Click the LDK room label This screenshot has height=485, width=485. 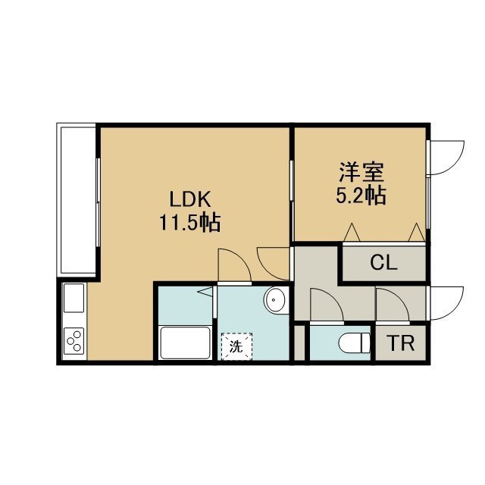pyautogui.click(x=190, y=199)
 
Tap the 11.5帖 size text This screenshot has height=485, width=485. pyautogui.click(x=190, y=223)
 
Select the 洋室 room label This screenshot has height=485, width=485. pyautogui.click(x=361, y=172)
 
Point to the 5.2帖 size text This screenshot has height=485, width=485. pyautogui.click(x=361, y=196)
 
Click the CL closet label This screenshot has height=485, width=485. pyautogui.click(x=383, y=263)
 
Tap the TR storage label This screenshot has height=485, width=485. pyautogui.click(x=400, y=343)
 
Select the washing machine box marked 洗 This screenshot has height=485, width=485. pyautogui.click(x=236, y=346)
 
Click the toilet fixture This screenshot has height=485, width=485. pyautogui.click(x=355, y=343)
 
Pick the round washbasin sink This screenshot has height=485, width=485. pyautogui.click(x=274, y=300)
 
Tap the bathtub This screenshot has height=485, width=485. pyautogui.click(x=185, y=343)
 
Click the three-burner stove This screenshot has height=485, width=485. pyautogui.click(x=74, y=340)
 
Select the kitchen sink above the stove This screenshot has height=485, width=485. pyautogui.click(x=74, y=298)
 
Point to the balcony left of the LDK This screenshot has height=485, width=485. pyautogui.click(x=77, y=200)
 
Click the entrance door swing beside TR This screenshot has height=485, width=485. pyautogui.click(x=446, y=303)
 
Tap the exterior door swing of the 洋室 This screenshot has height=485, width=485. pyautogui.click(x=446, y=158)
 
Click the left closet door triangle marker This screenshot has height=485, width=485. pyautogui.click(x=352, y=232)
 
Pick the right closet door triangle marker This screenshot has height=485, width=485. pyautogui.click(x=416, y=232)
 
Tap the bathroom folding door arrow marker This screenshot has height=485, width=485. pyautogui.click(x=205, y=292)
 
